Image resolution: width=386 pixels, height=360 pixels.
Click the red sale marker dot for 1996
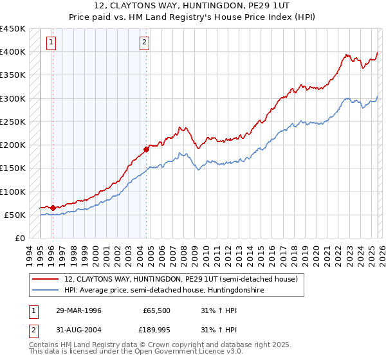[53, 208]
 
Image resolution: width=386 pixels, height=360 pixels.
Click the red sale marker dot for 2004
[146, 149]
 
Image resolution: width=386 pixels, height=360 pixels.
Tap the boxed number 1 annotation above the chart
[51, 43]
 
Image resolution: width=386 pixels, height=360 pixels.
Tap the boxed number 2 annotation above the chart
[145, 43]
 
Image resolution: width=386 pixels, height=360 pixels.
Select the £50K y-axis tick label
[15, 215]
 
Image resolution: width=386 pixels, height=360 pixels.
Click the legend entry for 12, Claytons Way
[181, 280]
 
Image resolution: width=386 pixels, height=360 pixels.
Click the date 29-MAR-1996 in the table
[78, 310]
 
